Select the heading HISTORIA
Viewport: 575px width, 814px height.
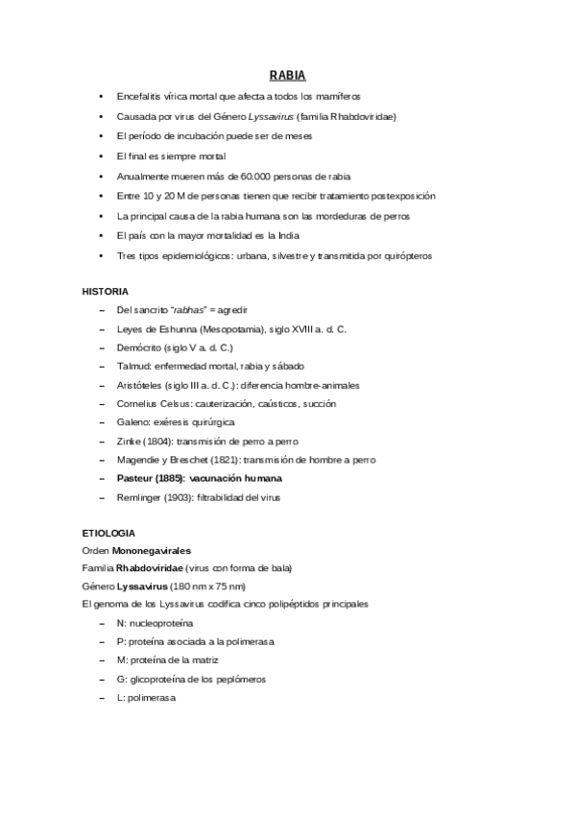tap(106, 290)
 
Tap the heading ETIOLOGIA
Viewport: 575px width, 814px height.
tap(108, 532)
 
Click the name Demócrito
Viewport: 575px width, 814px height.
tap(136, 347)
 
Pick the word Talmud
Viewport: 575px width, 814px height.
tap(132, 367)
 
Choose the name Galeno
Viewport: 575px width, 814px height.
tap(132, 422)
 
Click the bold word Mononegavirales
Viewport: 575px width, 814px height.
tap(152, 550)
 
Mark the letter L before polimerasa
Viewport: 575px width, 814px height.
tap(118, 698)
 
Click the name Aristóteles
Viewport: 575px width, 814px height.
tap(138, 385)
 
